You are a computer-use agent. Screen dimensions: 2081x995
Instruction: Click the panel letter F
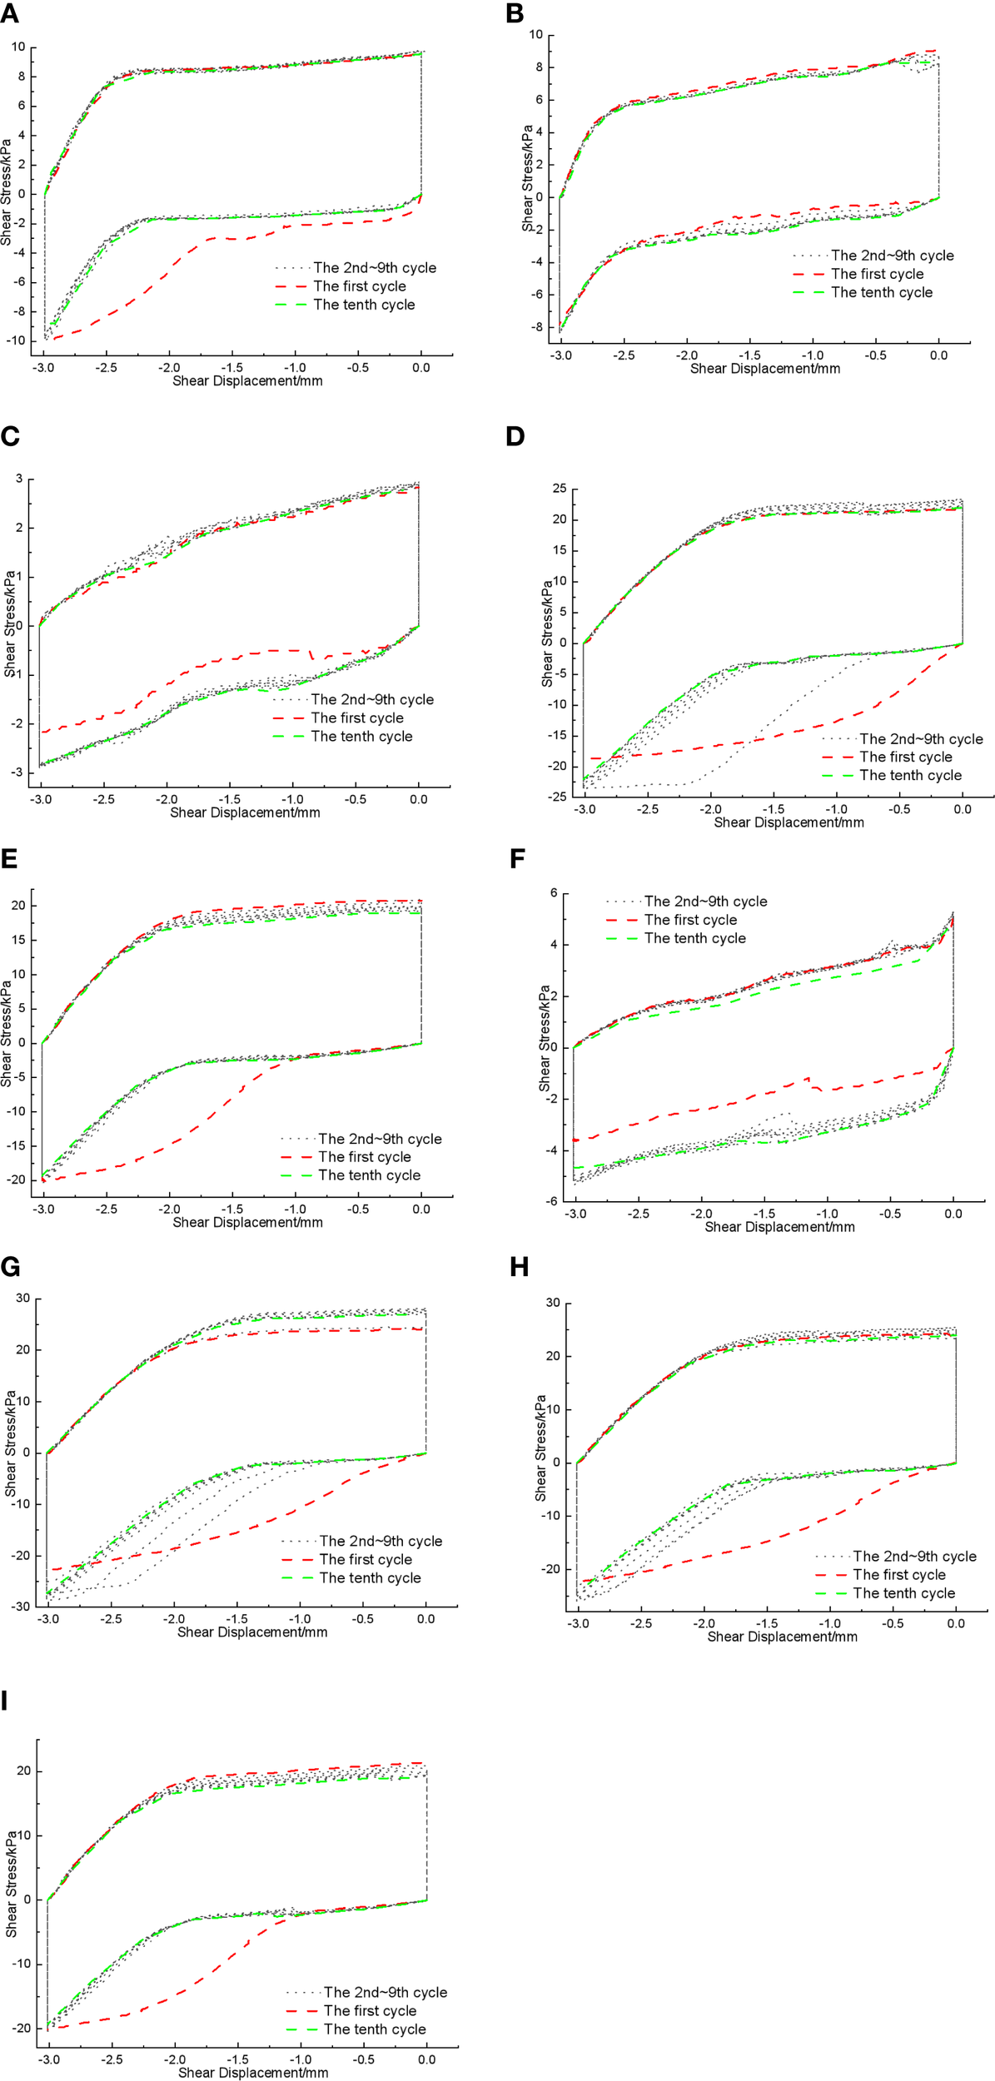click(516, 858)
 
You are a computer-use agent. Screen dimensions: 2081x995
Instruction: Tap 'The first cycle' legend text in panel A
click(360, 286)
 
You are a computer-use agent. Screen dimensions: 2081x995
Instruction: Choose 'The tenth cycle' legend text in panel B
click(882, 292)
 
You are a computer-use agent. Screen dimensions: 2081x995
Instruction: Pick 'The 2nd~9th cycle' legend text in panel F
click(705, 901)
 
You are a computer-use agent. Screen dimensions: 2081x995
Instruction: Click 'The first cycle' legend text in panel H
click(899, 1575)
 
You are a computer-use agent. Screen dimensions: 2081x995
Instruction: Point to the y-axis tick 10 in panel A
click(18, 47)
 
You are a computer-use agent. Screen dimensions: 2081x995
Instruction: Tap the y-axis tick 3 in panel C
click(19, 479)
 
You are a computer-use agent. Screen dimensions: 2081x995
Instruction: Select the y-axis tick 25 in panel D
click(560, 488)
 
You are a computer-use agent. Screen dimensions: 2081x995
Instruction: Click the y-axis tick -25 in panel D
click(557, 797)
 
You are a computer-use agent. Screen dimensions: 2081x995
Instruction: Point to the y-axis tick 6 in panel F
click(554, 893)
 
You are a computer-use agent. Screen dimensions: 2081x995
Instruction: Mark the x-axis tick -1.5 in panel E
click(232, 1209)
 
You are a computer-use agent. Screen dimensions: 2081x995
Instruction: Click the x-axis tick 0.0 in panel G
click(425, 1619)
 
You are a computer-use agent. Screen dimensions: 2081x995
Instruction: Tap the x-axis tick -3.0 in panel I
click(49, 2060)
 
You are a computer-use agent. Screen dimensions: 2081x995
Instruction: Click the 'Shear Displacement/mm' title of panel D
click(789, 822)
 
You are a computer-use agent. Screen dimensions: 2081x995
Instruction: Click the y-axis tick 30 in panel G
click(22, 1298)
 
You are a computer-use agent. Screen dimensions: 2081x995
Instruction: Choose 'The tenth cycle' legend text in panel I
click(375, 2029)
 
